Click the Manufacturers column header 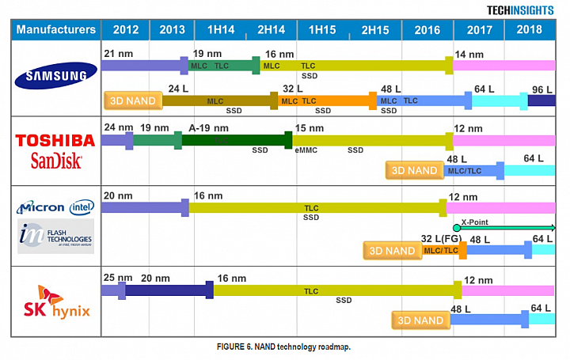point(56,30)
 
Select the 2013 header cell point(172,30)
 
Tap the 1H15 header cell point(323,30)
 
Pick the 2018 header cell point(530,30)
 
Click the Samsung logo point(56,76)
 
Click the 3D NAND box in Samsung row point(132,100)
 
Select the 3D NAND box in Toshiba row point(414,170)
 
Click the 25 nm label point(116,278)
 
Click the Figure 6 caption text point(283,347)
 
